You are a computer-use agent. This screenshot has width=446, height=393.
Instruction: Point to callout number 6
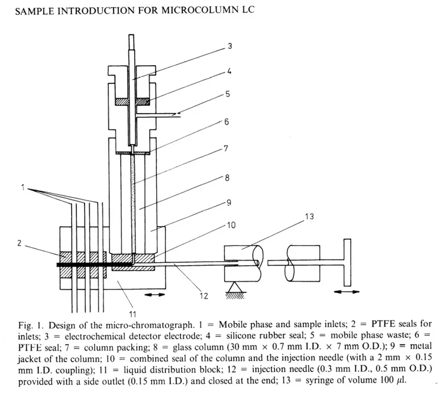[227, 122]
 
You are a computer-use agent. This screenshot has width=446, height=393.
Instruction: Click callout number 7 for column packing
[225, 149]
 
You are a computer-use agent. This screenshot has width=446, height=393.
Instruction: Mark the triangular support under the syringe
[230, 288]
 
